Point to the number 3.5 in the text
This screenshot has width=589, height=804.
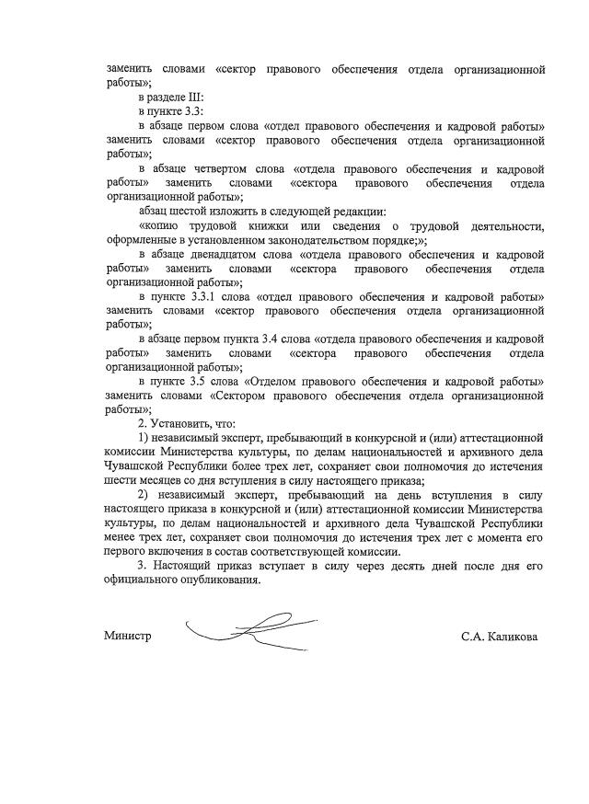(204, 381)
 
